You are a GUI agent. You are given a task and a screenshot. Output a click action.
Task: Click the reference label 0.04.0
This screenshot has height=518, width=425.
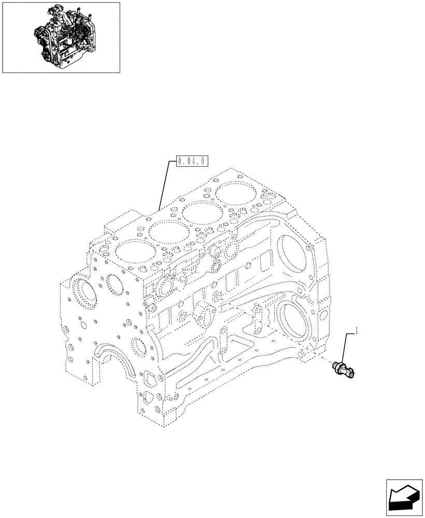click(191, 161)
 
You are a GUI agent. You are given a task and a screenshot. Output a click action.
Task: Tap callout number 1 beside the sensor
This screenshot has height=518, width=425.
click(357, 330)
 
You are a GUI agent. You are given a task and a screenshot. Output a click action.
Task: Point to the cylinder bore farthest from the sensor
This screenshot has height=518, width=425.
click(132, 252)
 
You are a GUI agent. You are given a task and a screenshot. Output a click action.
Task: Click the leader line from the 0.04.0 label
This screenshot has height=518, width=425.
click(164, 186)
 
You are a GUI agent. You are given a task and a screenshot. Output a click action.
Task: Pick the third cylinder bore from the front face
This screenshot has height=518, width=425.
click(200, 213)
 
